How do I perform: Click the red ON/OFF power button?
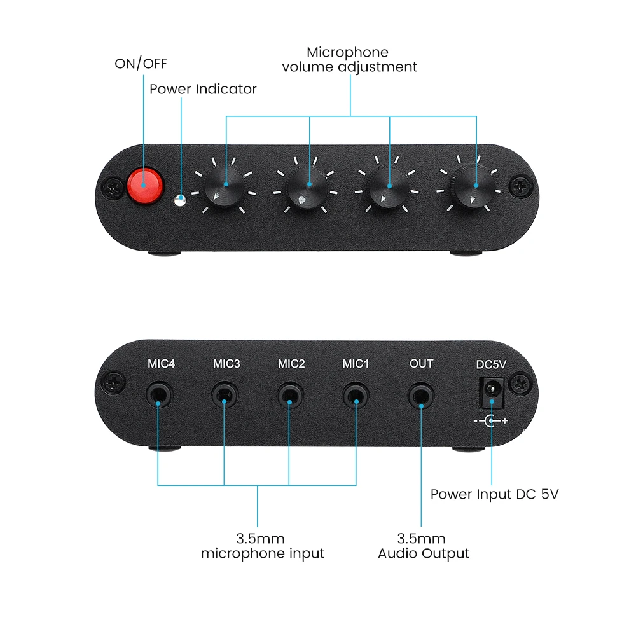145,185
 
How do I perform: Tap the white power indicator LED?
180,200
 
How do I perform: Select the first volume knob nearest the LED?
223,188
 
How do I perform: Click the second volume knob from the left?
307,188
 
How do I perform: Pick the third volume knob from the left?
388,188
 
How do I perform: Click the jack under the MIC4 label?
160,394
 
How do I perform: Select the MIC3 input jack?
225,394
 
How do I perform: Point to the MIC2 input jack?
291,394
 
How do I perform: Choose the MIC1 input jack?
356,394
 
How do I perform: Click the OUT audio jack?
421,395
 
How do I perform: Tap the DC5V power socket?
492,393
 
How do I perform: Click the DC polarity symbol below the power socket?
491,421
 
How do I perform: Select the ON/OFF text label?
141,63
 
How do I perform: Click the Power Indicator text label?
203,89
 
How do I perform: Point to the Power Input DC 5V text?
494,494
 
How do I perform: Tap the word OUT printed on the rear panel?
422,363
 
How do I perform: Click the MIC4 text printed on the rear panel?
161,363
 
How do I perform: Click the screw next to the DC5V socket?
521,384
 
